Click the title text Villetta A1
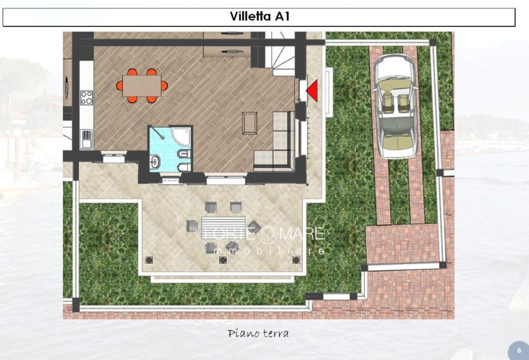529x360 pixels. (259, 17)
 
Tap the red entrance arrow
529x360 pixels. (312, 91)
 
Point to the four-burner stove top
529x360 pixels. (86, 97)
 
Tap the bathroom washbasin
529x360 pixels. (155, 161)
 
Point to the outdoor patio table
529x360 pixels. (223, 226)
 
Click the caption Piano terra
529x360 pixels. (258, 333)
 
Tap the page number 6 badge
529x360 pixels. (519, 350)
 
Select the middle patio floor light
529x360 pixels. (223, 260)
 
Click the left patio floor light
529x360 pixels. (149, 260)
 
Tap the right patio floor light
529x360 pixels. (294, 260)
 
